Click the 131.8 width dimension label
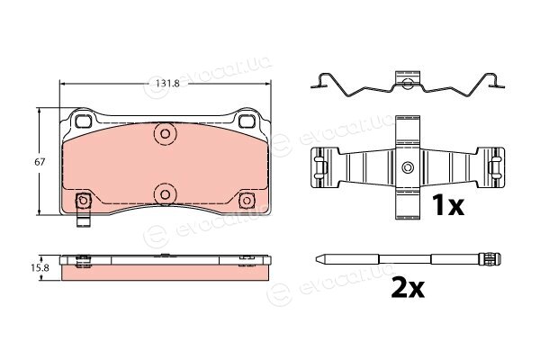167,84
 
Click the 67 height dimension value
40,162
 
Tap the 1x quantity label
448,205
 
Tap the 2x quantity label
408,288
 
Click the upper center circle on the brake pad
165,134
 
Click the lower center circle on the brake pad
165,195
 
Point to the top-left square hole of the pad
83,121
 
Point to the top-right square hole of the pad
247,121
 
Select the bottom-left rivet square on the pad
83,200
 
